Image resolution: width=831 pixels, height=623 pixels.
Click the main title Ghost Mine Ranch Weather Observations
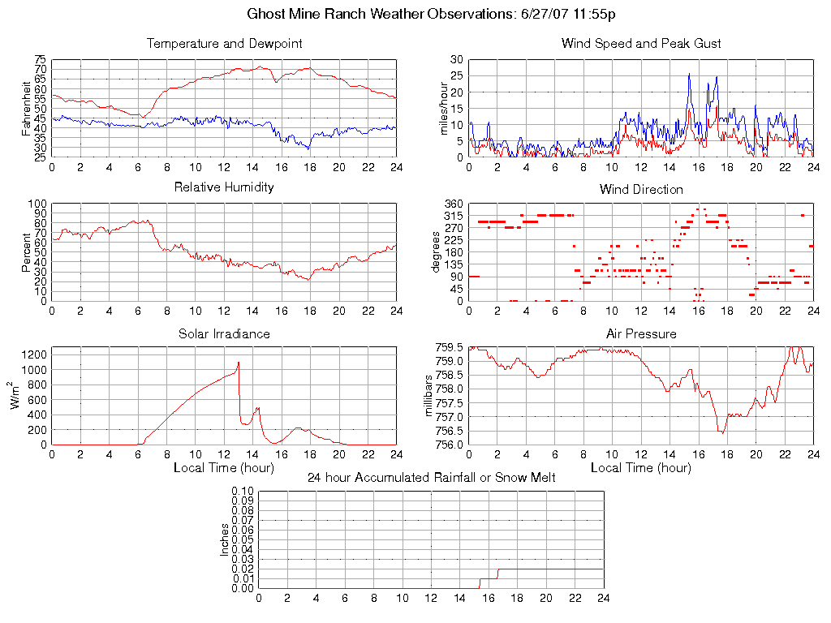(x=430, y=15)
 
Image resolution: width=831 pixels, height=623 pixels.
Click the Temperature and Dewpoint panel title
(x=224, y=43)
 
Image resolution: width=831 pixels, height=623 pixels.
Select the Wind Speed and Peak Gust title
(x=641, y=43)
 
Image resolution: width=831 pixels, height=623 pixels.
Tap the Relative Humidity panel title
(x=224, y=187)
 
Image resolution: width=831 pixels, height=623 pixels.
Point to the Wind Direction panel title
(x=641, y=189)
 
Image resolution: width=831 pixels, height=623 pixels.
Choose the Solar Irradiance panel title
(x=224, y=333)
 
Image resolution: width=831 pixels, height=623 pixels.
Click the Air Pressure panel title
(x=641, y=333)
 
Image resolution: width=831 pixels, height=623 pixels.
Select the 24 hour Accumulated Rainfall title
(x=431, y=478)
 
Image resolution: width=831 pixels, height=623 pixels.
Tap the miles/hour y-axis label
(x=444, y=108)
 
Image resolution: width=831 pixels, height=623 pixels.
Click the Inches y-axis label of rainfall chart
(x=225, y=539)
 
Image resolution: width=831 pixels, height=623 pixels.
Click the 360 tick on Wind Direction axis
(x=453, y=204)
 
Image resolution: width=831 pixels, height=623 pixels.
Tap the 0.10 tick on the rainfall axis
(x=243, y=491)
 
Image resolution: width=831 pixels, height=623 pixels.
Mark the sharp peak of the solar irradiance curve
(x=239, y=362)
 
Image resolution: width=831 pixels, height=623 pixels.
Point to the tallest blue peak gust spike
(x=689, y=74)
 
